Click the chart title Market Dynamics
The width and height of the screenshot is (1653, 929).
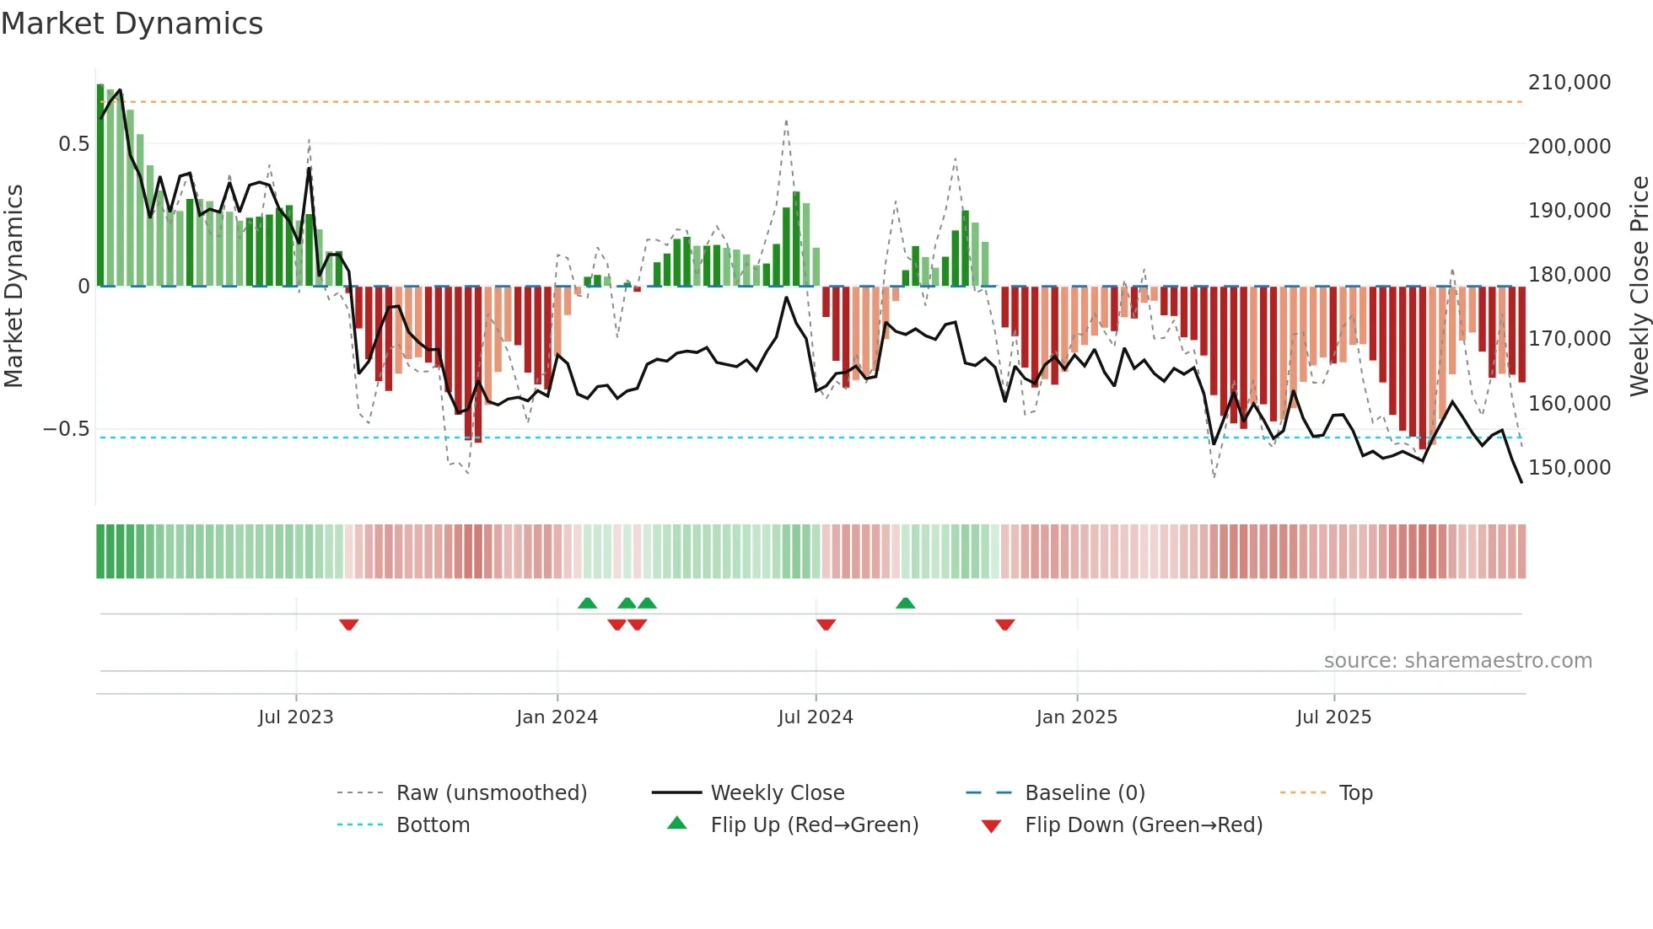[x=132, y=24]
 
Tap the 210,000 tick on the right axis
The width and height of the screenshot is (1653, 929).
[x=1569, y=83]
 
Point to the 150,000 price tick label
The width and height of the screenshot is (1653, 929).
[x=1569, y=468]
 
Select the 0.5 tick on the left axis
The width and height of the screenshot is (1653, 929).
[x=73, y=144]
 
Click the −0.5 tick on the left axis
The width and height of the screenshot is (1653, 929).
[x=67, y=429]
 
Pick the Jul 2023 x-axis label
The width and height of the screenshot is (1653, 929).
[x=296, y=717]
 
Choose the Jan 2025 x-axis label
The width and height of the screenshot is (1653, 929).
[x=1076, y=717]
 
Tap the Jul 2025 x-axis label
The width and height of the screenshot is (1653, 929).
[x=1333, y=717]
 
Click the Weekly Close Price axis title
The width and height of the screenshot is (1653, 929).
[x=1639, y=286]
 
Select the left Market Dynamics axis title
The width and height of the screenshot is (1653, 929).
[x=13, y=286]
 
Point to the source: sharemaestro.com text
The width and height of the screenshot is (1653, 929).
[x=1457, y=661]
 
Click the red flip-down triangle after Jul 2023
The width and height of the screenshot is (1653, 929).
[x=349, y=625]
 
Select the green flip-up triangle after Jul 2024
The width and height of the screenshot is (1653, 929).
[x=905, y=603]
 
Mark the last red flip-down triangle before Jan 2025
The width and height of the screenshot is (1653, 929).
[x=1004, y=625]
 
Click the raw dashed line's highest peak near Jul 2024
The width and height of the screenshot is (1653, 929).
[x=786, y=121]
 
